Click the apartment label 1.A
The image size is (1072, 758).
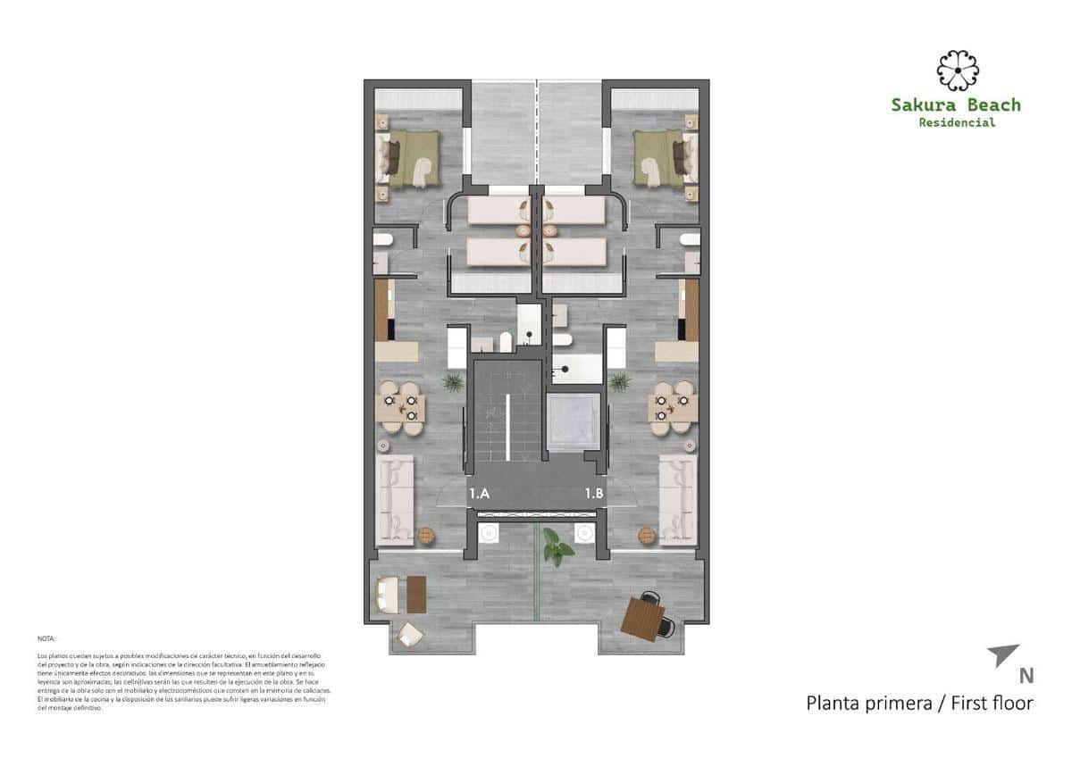click(479, 493)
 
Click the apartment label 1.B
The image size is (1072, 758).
click(594, 493)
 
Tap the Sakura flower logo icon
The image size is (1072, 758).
click(957, 71)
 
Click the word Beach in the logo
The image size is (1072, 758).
click(987, 104)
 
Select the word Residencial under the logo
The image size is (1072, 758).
click(956, 122)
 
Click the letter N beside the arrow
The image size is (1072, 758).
click(1026, 677)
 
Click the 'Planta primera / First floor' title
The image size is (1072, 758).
click(919, 703)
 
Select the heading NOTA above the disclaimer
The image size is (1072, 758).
click(46, 639)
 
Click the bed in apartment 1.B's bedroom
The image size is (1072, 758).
click(662, 158)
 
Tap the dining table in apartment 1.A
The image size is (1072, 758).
click(400, 408)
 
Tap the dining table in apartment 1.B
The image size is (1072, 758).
click(673, 408)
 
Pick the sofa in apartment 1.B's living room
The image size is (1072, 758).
click(676, 497)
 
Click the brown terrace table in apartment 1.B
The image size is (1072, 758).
click(643, 618)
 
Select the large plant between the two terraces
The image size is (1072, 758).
click(557, 546)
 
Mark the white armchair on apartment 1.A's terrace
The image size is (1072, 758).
click(410, 635)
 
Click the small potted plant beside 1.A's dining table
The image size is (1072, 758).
click(453, 382)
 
